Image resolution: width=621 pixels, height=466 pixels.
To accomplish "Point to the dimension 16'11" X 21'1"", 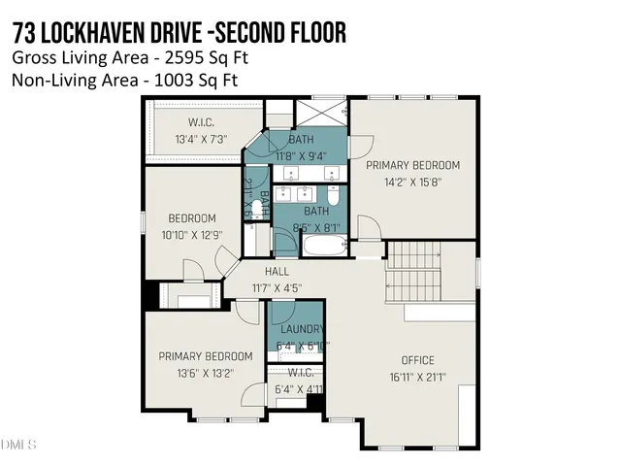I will [x=418, y=379].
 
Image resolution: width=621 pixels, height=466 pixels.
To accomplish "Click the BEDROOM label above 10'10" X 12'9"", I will [x=192, y=218].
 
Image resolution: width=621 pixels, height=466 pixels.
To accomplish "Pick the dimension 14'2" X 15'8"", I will [x=412, y=181].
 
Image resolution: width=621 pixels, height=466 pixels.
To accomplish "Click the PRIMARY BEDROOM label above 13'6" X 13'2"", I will [x=205, y=355].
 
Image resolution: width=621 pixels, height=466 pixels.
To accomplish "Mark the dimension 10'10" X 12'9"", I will [x=192, y=234].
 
